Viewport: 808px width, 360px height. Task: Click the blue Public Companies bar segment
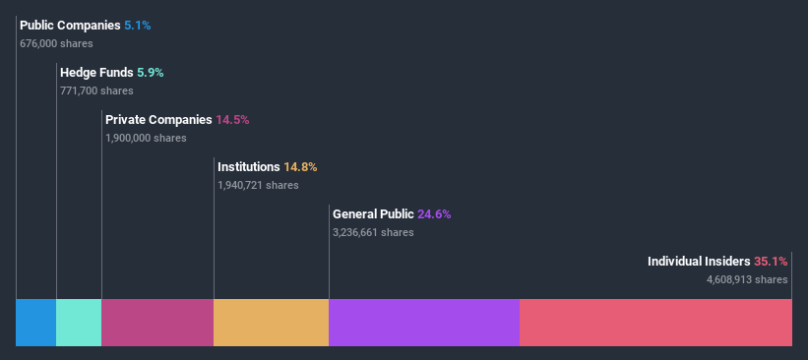tap(35, 323)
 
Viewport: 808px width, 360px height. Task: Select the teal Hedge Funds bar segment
tap(79, 323)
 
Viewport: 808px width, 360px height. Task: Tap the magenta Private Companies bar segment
tap(157, 323)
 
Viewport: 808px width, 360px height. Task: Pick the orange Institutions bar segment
tap(271, 323)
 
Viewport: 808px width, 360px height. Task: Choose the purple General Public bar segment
tap(424, 323)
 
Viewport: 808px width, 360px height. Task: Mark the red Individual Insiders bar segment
tap(655, 323)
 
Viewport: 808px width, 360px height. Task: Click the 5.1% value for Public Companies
tap(138, 25)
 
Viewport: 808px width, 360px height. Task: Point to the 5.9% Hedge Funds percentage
tap(150, 72)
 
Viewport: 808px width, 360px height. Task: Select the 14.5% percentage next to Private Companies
tap(232, 119)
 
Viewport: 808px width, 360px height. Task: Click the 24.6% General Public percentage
tap(434, 213)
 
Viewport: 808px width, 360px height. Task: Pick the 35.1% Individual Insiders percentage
tap(771, 261)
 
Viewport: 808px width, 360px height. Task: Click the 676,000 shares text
tap(56, 43)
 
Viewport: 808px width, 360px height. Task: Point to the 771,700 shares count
tap(96, 90)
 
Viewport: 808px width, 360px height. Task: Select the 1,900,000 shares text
tap(146, 138)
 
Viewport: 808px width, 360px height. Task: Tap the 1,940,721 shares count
tap(258, 185)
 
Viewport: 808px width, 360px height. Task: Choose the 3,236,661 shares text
tap(373, 232)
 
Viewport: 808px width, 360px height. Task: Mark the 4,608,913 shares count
tap(747, 279)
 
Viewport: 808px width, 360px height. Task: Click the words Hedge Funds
tap(97, 72)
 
